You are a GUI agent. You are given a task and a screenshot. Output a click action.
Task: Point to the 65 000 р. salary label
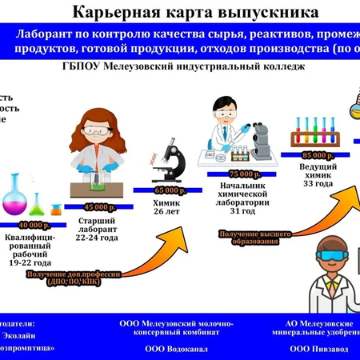pyautogui.click(x=166, y=191)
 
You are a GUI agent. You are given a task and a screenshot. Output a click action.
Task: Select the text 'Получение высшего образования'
pyautogui.click(x=249, y=236)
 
